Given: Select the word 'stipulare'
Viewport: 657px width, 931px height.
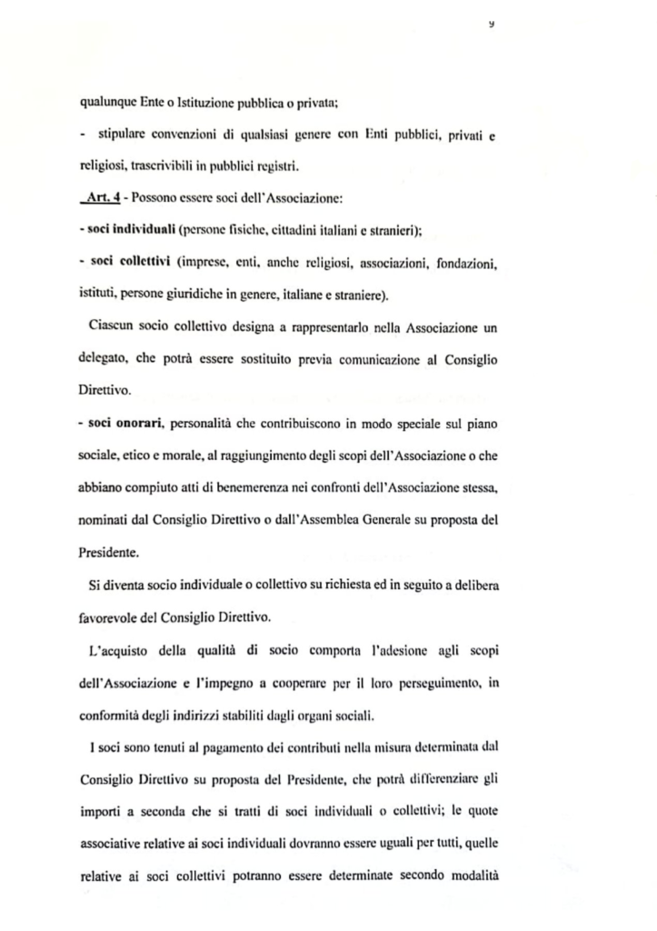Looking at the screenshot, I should (123, 135).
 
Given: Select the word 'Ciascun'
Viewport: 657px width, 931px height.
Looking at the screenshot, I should (109, 325).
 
